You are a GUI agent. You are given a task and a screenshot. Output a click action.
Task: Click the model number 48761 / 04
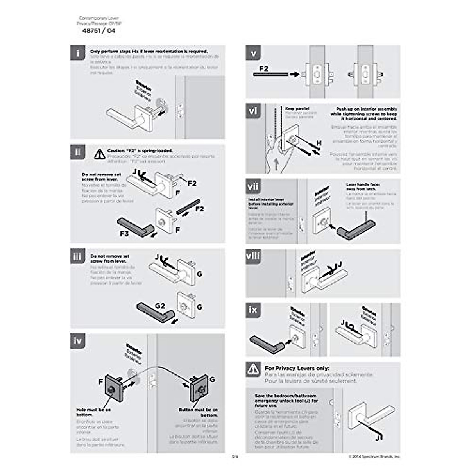99,31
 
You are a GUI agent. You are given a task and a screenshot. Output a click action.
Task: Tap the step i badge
78,53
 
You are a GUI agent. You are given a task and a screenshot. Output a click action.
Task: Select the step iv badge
78,341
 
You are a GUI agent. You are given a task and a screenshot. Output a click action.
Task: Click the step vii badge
253,186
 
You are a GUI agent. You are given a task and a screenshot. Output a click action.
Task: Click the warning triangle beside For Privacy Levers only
253,369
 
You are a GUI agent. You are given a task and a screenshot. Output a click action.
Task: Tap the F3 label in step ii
124,234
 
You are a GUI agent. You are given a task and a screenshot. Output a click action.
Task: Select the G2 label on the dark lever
160,306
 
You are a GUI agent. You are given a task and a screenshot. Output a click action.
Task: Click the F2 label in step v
264,68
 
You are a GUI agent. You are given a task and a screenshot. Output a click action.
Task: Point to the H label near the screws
319,143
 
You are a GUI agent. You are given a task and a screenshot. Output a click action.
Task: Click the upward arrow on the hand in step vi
277,164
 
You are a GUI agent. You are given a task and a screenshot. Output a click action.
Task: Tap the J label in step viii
340,265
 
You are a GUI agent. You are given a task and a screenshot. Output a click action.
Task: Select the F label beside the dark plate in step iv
101,381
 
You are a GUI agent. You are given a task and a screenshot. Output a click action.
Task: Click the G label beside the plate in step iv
212,379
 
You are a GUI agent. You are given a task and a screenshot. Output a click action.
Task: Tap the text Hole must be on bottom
93,412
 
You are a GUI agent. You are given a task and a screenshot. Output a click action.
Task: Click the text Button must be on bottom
198,412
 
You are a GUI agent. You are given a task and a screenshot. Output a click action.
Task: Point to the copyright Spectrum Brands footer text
374,456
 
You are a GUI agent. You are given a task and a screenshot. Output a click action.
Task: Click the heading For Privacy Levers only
297,368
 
